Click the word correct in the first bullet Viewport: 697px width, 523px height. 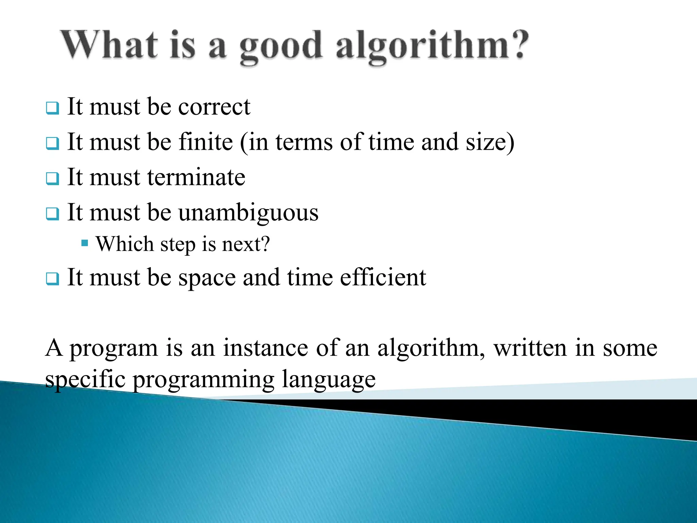[x=214, y=107]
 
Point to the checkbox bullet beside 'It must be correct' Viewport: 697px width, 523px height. [x=52, y=108]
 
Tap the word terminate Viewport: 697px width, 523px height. [x=196, y=177]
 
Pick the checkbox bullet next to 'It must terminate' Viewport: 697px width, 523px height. [x=52, y=178]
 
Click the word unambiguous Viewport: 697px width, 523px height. [x=248, y=213]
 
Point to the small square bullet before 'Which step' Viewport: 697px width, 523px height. [x=85, y=243]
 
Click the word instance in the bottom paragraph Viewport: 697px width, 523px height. [x=265, y=348]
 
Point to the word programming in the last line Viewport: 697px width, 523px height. [x=203, y=380]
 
